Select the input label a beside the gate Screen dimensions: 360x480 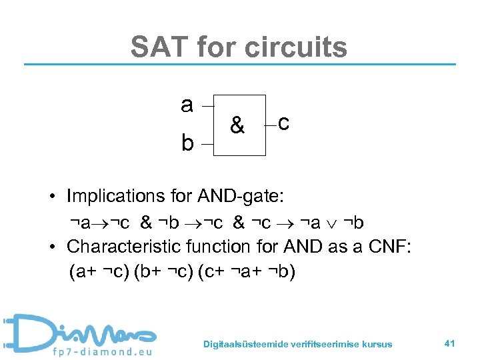click(x=187, y=105)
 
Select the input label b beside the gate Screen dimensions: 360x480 click(x=188, y=143)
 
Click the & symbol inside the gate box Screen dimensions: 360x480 click(x=237, y=125)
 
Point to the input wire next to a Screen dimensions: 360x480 click(x=207, y=105)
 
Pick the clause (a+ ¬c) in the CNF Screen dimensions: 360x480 click(x=99, y=272)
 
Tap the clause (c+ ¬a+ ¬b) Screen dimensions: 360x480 click(x=247, y=272)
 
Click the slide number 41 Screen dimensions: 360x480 click(x=449, y=343)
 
